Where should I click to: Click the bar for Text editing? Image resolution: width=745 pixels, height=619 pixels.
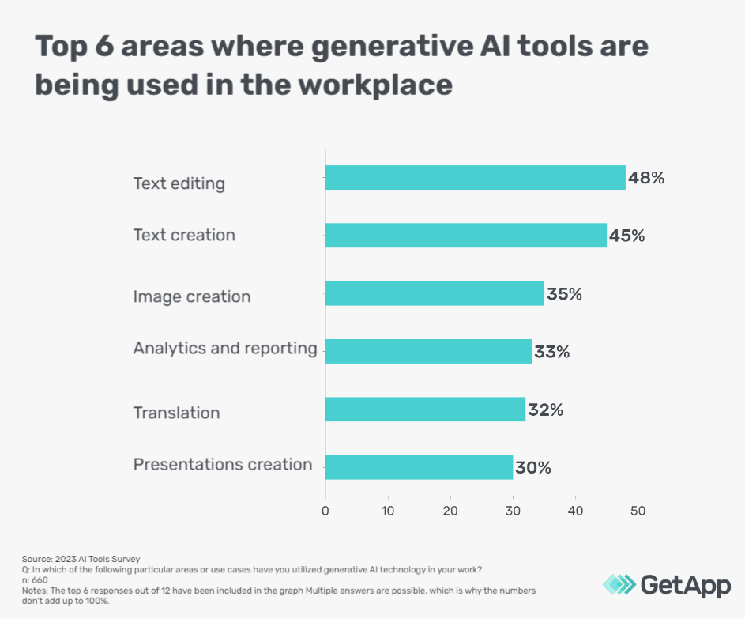475,178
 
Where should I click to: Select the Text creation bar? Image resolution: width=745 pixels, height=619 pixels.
465,236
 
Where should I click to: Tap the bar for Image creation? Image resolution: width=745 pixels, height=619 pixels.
435,293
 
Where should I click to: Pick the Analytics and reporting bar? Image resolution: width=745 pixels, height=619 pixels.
428,351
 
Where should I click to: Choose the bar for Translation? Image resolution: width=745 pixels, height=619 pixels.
425,410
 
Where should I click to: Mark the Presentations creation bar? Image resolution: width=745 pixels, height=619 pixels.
419,467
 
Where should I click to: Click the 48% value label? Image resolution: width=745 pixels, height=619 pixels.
646,178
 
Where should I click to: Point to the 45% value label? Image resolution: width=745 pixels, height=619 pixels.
627,236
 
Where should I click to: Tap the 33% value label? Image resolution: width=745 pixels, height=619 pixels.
551,352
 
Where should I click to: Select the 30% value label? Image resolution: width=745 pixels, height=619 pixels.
533,468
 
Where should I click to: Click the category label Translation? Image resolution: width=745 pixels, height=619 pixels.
176,413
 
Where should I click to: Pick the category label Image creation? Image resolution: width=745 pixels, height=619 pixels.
191,297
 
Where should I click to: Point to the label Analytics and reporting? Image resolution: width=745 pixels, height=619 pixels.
224,349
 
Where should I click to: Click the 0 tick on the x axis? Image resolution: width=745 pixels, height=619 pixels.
325,511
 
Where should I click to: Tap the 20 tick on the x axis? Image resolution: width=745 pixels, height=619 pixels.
450,511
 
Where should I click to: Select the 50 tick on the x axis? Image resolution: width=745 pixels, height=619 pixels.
638,511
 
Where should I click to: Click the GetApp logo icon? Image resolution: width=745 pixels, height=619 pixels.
619,584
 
